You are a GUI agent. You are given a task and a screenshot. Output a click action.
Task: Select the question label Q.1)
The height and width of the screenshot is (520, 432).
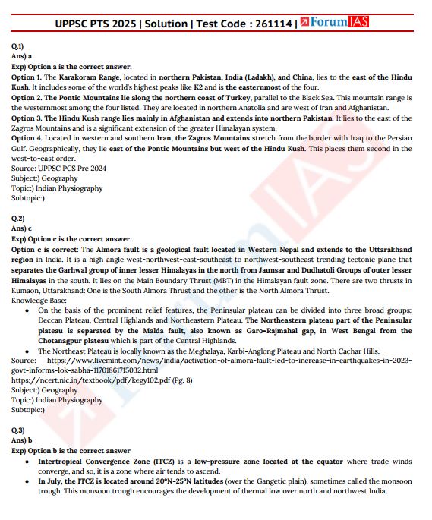(x=17, y=46)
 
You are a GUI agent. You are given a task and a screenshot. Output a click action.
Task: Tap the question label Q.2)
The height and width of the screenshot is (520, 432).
(x=17, y=219)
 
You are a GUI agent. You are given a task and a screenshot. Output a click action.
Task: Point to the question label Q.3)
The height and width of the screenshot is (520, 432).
(x=17, y=430)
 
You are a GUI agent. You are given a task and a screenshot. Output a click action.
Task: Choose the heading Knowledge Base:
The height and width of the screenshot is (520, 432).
(x=39, y=300)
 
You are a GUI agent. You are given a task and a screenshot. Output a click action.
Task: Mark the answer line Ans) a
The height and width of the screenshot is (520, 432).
(x=21, y=56)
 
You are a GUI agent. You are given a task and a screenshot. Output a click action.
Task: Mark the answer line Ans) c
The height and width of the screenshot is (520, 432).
(x=21, y=228)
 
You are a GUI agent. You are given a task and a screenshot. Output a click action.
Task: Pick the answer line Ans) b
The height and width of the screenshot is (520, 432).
(x=21, y=440)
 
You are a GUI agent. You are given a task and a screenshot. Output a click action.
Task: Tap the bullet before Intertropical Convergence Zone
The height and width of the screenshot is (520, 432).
(x=29, y=462)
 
